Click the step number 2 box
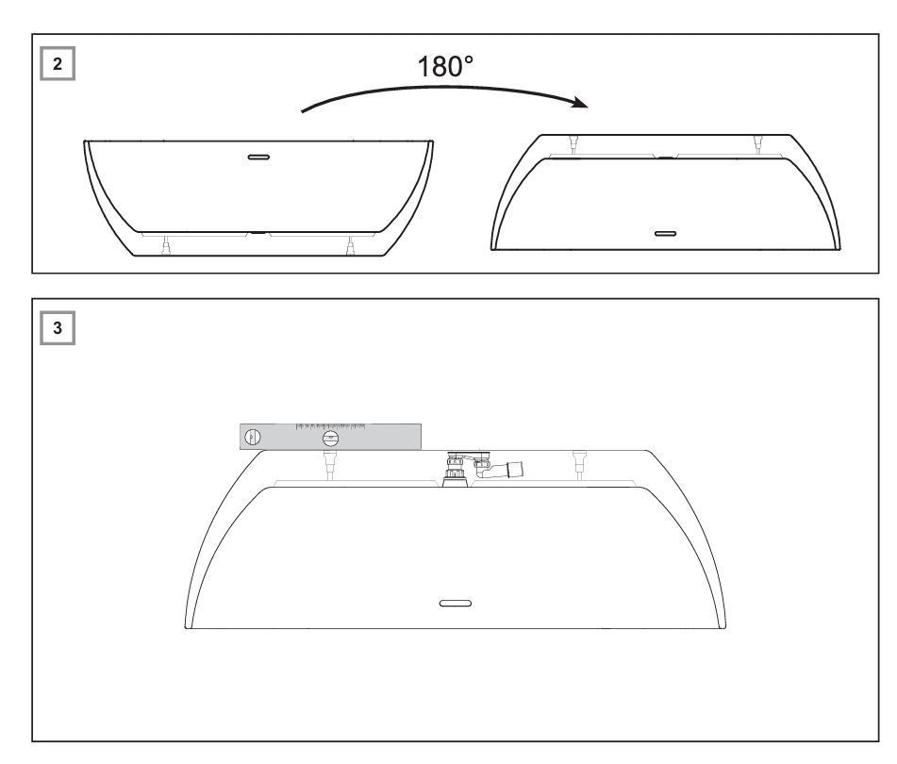(x=58, y=64)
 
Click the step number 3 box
(x=58, y=328)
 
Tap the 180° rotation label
(x=445, y=66)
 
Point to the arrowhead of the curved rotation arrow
(x=581, y=103)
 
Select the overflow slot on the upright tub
(x=258, y=157)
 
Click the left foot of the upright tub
(x=166, y=246)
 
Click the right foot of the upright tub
(x=350, y=246)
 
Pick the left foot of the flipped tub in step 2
(x=573, y=143)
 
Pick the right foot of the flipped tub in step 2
(x=758, y=143)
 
